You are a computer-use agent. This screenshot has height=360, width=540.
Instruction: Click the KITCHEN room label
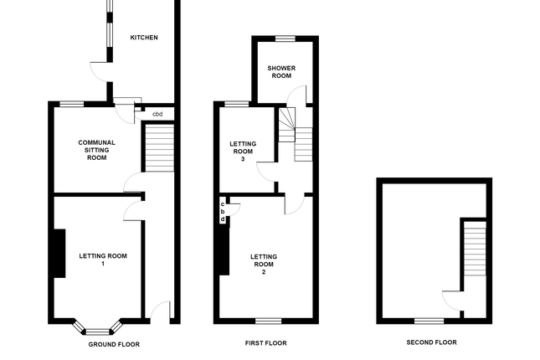point(143,38)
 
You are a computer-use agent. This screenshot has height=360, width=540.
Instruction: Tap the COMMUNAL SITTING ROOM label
point(96,150)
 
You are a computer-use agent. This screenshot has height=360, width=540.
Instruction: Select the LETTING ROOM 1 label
point(103,260)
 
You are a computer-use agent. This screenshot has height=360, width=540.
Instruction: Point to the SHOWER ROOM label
point(280,71)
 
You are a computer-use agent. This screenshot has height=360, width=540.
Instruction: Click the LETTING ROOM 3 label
point(243,152)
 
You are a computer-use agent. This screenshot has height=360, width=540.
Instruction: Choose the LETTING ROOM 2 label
point(263,264)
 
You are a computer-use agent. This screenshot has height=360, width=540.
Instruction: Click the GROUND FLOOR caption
point(114,344)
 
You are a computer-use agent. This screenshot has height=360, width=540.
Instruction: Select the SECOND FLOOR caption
point(431,342)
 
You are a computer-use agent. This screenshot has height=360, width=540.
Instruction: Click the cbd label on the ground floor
point(157,113)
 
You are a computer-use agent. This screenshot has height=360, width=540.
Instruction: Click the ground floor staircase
point(158,146)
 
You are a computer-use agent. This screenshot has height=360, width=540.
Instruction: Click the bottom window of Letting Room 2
point(268,321)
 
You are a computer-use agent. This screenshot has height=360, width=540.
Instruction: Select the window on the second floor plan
point(429,321)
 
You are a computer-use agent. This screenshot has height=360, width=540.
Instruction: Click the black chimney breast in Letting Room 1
point(59,253)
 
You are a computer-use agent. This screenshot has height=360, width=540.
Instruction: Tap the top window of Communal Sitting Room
point(71,103)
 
